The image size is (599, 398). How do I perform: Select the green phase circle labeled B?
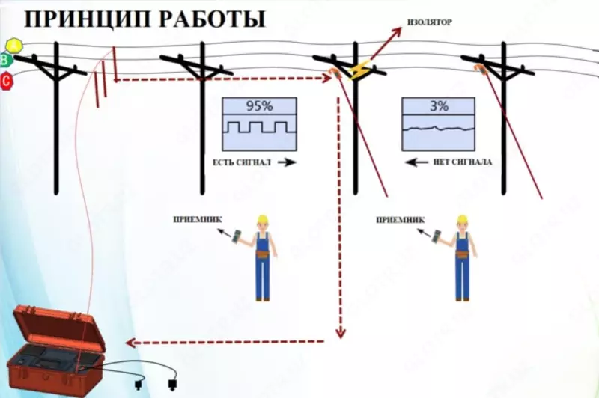coord(7,61)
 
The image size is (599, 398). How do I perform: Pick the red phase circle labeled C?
coord(7,80)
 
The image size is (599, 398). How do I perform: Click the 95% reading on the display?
coord(258,106)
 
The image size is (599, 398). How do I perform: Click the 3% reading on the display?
coord(439,106)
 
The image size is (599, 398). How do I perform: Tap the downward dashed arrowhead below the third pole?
coord(341,331)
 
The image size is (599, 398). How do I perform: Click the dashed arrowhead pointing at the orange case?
coord(130,343)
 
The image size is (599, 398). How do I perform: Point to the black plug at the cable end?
coord(173,386)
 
